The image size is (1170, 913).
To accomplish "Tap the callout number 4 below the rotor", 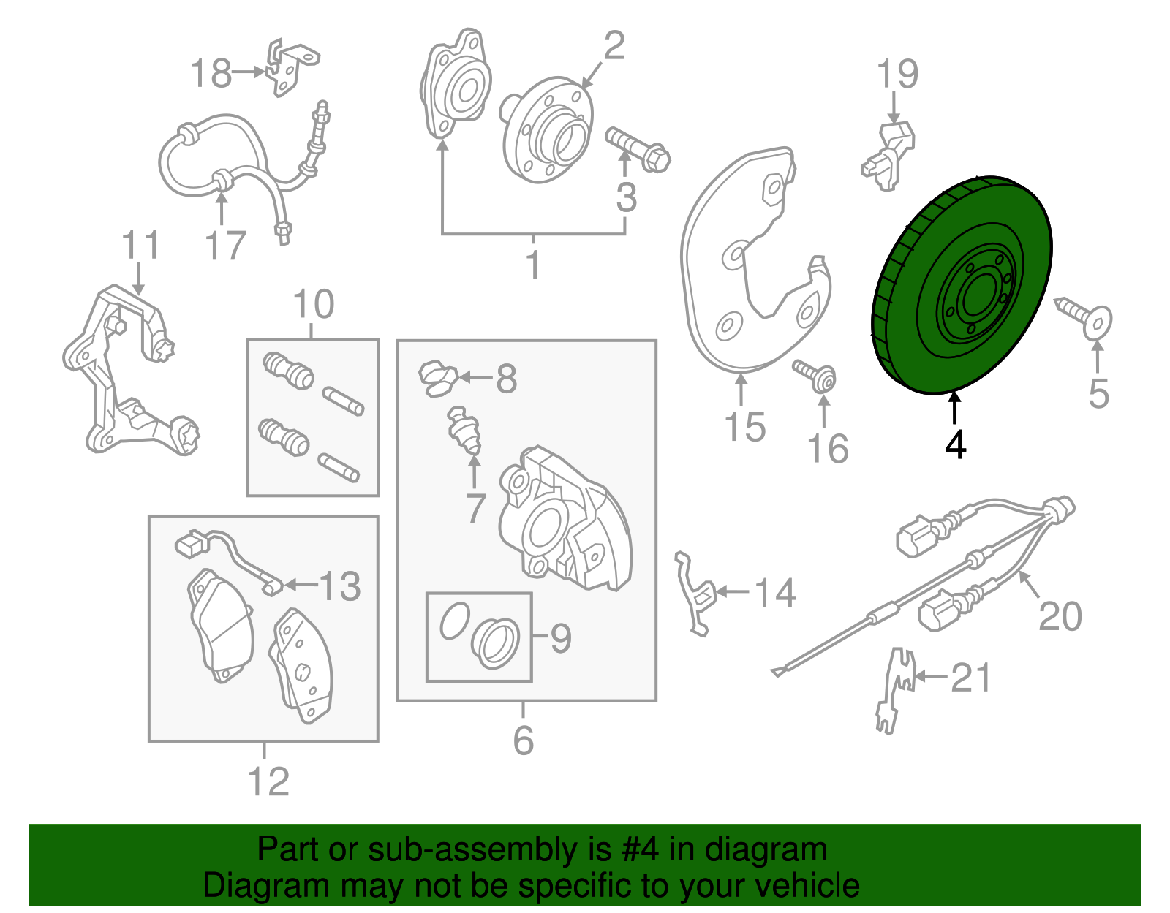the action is point(956,445).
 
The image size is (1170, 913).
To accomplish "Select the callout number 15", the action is point(744,427).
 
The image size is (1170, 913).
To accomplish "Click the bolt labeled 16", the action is point(814,376).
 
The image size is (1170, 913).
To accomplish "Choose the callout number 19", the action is point(897,73).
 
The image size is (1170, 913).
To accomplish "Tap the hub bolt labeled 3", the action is point(638,149).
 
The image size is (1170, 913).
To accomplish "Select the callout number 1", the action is point(533,265).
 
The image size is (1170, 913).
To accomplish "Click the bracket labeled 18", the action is point(291,67).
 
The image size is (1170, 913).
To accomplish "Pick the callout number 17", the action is point(225,246).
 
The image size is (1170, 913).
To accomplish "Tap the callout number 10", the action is point(314,304).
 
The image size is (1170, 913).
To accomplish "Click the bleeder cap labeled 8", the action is point(438,379).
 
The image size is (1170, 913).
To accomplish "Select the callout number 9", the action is point(560,639).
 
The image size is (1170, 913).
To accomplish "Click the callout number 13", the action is point(340,586).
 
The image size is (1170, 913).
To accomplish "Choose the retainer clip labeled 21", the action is point(896,691).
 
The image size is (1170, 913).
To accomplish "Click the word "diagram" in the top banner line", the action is point(766,849).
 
